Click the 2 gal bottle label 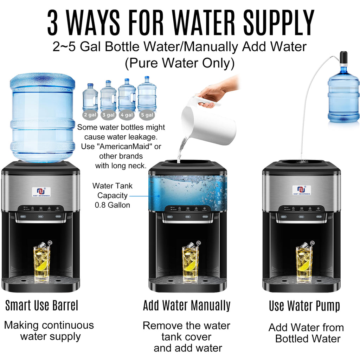(90, 115)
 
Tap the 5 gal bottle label (147, 115)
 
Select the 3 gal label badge (108, 115)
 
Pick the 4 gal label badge (127, 115)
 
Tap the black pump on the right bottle (343, 58)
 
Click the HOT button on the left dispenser (23, 217)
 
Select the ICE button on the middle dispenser (188, 217)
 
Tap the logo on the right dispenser (301, 191)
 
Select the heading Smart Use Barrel (41, 306)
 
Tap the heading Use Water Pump (304, 306)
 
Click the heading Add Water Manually (187, 306)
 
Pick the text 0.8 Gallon (112, 205)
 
